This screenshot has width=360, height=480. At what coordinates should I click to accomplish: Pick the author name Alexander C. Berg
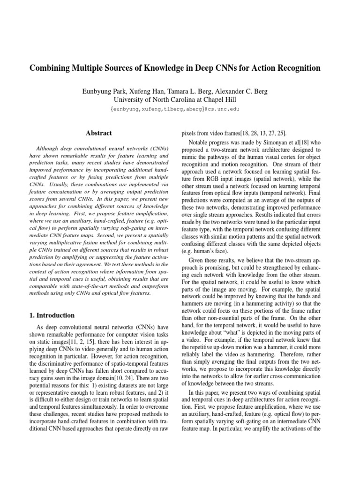[242, 91]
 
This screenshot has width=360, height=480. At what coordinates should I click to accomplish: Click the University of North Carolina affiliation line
[175, 99]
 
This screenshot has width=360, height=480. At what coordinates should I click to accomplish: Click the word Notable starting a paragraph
[199, 142]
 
